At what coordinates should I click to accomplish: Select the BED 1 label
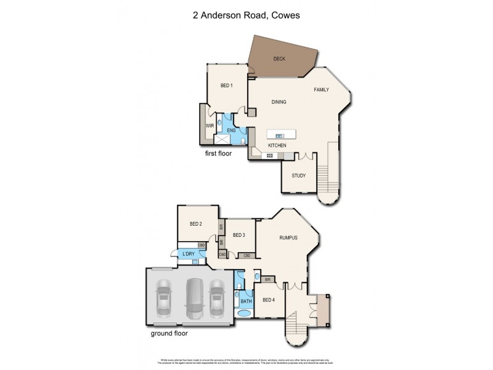tap(226, 85)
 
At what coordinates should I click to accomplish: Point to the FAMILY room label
tap(321, 89)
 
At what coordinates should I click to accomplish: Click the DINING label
tap(279, 102)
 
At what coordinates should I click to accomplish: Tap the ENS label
tap(232, 131)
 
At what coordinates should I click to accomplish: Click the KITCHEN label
tap(277, 146)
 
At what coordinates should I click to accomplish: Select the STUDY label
tap(299, 176)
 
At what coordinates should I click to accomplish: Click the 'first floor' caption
tap(218, 153)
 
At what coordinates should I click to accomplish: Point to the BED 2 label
tap(196, 224)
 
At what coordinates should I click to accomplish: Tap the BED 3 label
tap(239, 235)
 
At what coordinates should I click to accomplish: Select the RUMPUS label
tap(288, 237)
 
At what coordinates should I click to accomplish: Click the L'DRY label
tap(187, 254)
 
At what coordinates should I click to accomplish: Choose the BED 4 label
tap(269, 300)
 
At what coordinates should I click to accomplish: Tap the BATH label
tap(246, 302)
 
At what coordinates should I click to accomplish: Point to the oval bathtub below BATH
tap(245, 313)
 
